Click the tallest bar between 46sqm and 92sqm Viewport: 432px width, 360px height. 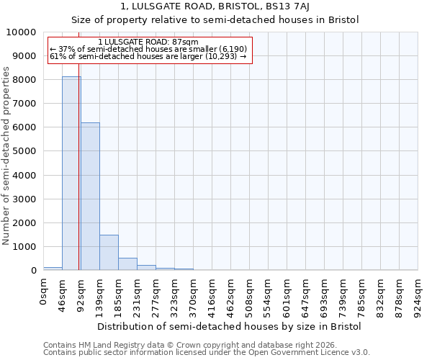click(x=71, y=173)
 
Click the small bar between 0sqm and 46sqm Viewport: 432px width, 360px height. click(x=53, y=269)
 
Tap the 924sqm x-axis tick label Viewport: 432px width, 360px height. click(x=418, y=295)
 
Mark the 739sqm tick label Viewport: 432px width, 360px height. click(x=343, y=295)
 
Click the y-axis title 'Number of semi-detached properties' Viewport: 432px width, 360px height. click(x=6, y=156)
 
